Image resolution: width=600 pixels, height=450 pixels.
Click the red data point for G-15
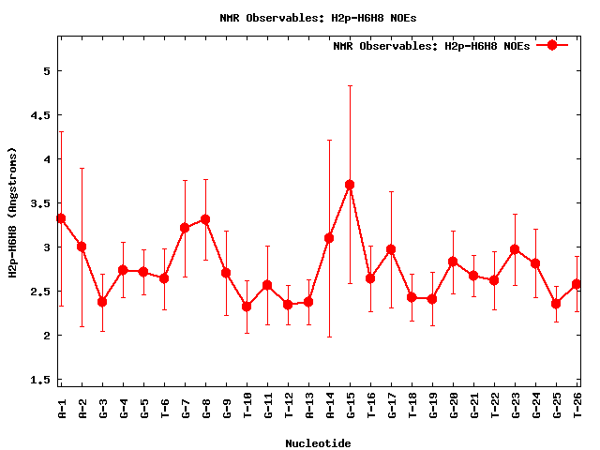(x=350, y=185)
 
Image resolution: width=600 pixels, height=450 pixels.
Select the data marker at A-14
(x=329, y=238)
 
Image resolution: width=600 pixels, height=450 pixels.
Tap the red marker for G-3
(x=102, y=302)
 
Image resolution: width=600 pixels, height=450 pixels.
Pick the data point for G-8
(x=205, y=219)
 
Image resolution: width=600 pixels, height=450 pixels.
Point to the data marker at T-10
(x=247, y=307)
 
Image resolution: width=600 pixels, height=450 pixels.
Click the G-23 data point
(x=515, y=249)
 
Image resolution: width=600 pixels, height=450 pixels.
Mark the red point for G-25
(x=556, y=304)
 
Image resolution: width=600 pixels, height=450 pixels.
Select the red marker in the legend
(x=552, y=45)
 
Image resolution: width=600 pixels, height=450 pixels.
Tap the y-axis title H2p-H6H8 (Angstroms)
(x=13, y=212)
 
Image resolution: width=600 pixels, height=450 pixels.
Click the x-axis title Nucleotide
(x=318, y=443)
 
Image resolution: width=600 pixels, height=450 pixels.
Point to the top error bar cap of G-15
(x=350, y=85)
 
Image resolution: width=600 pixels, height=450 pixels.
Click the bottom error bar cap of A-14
(x=329, y=337)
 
